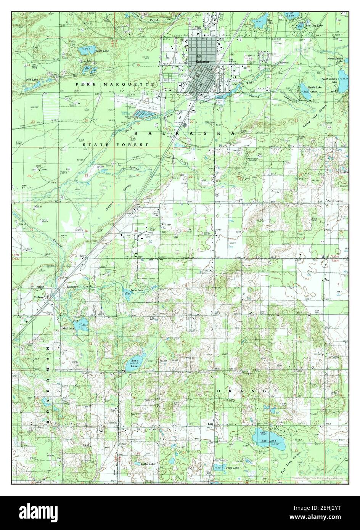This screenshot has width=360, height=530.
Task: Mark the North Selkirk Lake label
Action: pos(336,60)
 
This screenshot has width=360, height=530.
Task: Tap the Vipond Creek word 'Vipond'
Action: pos(254,96)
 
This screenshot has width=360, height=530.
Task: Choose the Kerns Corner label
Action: pos(336,201)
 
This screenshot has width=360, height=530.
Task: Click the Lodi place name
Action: pos(210,423)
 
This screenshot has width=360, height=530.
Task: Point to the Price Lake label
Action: pos(232,467)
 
